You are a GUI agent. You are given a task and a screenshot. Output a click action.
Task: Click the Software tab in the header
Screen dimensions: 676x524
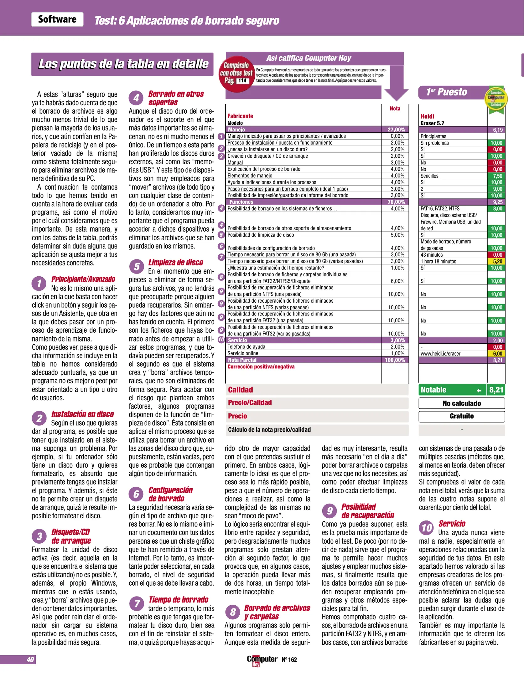click(x=57, y=19)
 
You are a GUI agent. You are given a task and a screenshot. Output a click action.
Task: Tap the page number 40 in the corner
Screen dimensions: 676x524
click(x=30, y=659)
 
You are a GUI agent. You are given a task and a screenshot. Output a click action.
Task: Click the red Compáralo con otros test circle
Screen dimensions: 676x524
click(x=237, y=74)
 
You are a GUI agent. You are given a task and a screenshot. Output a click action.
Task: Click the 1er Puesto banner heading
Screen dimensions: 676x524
click(x=447, y=92)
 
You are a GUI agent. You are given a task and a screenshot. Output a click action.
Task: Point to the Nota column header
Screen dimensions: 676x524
click(x=395, y=109)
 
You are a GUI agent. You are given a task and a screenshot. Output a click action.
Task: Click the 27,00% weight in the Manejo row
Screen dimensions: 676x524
click(x=396, y=130)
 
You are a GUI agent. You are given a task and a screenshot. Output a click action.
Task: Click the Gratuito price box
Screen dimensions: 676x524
click(x=461, y=416)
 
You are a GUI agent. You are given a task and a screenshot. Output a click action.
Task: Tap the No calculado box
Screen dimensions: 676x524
click(x=461, y=403)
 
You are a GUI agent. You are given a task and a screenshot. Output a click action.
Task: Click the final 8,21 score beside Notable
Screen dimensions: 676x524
click(x=496, y=390)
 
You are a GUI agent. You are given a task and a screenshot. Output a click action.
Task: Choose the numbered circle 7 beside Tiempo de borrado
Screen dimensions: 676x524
click(x=137, y=603)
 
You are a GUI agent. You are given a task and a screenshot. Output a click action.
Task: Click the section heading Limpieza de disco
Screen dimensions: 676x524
click(x=175, y=262)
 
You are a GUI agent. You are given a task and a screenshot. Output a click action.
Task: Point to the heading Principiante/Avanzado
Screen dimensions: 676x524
click(x=83, y=279)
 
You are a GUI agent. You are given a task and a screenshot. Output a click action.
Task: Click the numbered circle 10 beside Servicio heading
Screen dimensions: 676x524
click(x=427, y=528)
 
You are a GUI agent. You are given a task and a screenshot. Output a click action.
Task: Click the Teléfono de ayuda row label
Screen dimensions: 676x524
click(x=246, y=347)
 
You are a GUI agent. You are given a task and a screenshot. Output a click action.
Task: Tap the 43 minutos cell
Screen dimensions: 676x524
click(x=432, y=255)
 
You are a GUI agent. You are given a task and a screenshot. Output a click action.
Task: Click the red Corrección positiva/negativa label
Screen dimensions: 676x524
click(x=261, y=366)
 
